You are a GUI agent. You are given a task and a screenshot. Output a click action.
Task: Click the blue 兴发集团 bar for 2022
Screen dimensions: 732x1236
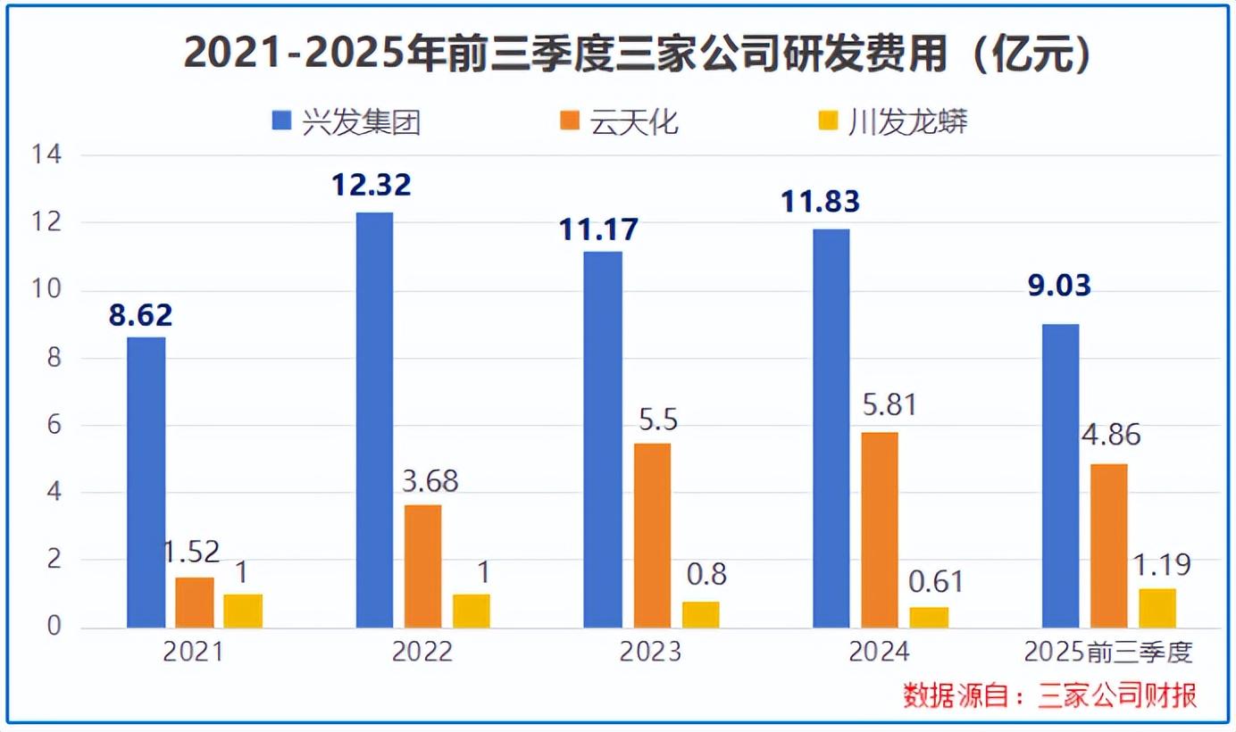tap(374, 420)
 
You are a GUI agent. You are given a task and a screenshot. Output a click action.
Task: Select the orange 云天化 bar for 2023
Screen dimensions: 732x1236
tap(651, 536)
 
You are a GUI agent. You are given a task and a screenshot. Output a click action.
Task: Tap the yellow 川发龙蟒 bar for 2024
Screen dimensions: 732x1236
tap(928, 618)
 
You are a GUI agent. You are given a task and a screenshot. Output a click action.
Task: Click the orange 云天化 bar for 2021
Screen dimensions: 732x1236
tap(195, 603)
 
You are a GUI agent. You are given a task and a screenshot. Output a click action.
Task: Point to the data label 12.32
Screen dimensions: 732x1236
tap(372, 185)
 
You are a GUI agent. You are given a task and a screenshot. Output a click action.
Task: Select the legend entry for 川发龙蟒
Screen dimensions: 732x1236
tap(893, 121)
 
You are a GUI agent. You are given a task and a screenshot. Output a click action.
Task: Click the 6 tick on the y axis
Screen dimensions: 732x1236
tap(54, 426)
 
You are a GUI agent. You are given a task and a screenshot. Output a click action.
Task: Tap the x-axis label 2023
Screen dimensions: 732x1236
tap(650, 653)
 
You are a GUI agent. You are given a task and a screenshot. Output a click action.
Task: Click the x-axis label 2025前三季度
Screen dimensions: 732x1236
tap(1108, 653)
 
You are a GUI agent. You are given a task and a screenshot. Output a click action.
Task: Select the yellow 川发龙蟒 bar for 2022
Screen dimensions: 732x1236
tap(471, 611)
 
